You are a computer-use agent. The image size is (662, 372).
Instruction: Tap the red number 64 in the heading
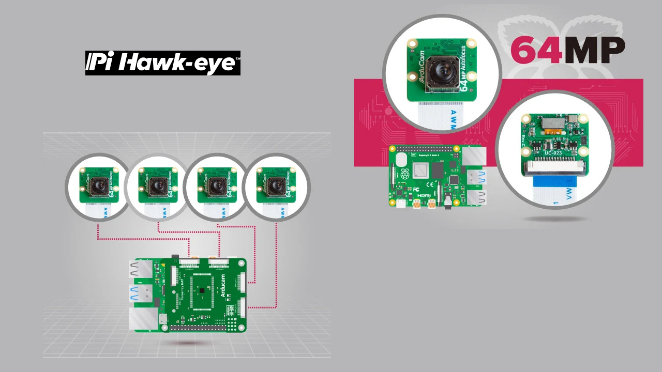536,50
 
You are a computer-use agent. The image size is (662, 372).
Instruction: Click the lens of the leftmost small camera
98,185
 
